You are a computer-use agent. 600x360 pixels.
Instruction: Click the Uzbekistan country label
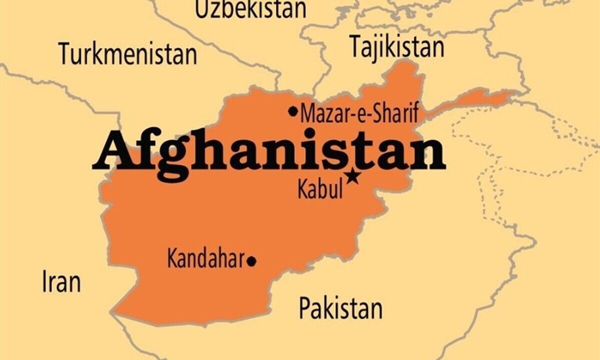(250, 9)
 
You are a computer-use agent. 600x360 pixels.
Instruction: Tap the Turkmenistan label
(128, 53)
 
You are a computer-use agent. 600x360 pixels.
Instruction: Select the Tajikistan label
(396, 47)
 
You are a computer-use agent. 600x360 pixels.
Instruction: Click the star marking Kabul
(354, 175)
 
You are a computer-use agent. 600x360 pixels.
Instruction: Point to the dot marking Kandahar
(252, 260)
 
